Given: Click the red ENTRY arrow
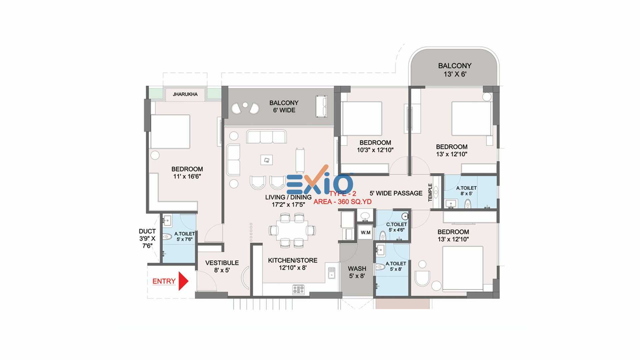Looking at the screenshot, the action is click(183, 281).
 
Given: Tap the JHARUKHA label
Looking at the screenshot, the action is click(185, 94).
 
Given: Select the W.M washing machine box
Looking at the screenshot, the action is click(366, 233).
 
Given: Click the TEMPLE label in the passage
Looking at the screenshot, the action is click(430, 192).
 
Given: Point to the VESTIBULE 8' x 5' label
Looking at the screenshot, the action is click(222, 266).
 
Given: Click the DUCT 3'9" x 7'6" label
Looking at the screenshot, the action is click(147, 238).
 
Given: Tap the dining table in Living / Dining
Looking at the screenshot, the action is click(292, 230).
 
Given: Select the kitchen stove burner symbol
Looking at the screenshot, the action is click(298, 289).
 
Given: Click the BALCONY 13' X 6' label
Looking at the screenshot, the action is click(455, 70).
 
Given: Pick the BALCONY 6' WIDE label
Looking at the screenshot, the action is click(284, 106).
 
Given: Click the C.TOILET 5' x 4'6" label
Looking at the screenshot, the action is click(396, 227).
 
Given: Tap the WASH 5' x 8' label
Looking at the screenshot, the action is click(357, 272).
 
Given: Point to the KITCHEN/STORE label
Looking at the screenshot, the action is click(293, 260).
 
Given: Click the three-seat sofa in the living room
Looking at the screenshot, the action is click(266, 136).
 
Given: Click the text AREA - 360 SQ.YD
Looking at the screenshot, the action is click(343, 202).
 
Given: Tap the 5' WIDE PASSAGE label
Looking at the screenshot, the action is click(396, 193).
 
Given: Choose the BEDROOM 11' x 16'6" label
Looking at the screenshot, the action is click(187, 173).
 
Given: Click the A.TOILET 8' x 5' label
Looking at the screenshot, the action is click(466, 191).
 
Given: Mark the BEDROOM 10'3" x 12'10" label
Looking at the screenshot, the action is click(375, 146).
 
